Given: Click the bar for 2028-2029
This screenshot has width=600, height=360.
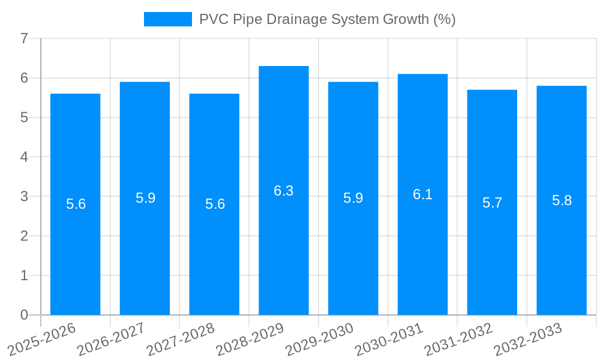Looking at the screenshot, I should [283, 190].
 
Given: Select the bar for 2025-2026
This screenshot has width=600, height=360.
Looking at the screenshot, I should [75, 204].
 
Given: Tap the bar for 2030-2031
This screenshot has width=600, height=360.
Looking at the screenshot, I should [422, 194].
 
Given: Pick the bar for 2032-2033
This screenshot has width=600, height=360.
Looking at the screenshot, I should [561, 200].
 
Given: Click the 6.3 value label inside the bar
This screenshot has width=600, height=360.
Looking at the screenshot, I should [283, 191].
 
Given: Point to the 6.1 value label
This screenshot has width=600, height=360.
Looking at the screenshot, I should [422, 194].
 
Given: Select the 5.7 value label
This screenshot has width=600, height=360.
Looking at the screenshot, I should [492, 203].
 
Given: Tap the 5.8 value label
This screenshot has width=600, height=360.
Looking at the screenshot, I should [562, 200].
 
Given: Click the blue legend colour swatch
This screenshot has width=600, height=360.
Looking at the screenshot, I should [167, 19].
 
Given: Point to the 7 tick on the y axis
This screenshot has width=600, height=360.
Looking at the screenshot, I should [24, 38].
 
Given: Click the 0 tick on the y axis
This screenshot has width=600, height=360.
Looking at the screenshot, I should [24, 315].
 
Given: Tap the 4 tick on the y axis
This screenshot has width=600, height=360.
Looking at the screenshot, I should [24, 157].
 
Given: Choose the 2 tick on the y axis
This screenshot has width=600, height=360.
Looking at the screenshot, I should [24, 236].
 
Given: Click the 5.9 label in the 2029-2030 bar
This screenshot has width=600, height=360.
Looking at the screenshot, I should [353, 198].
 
